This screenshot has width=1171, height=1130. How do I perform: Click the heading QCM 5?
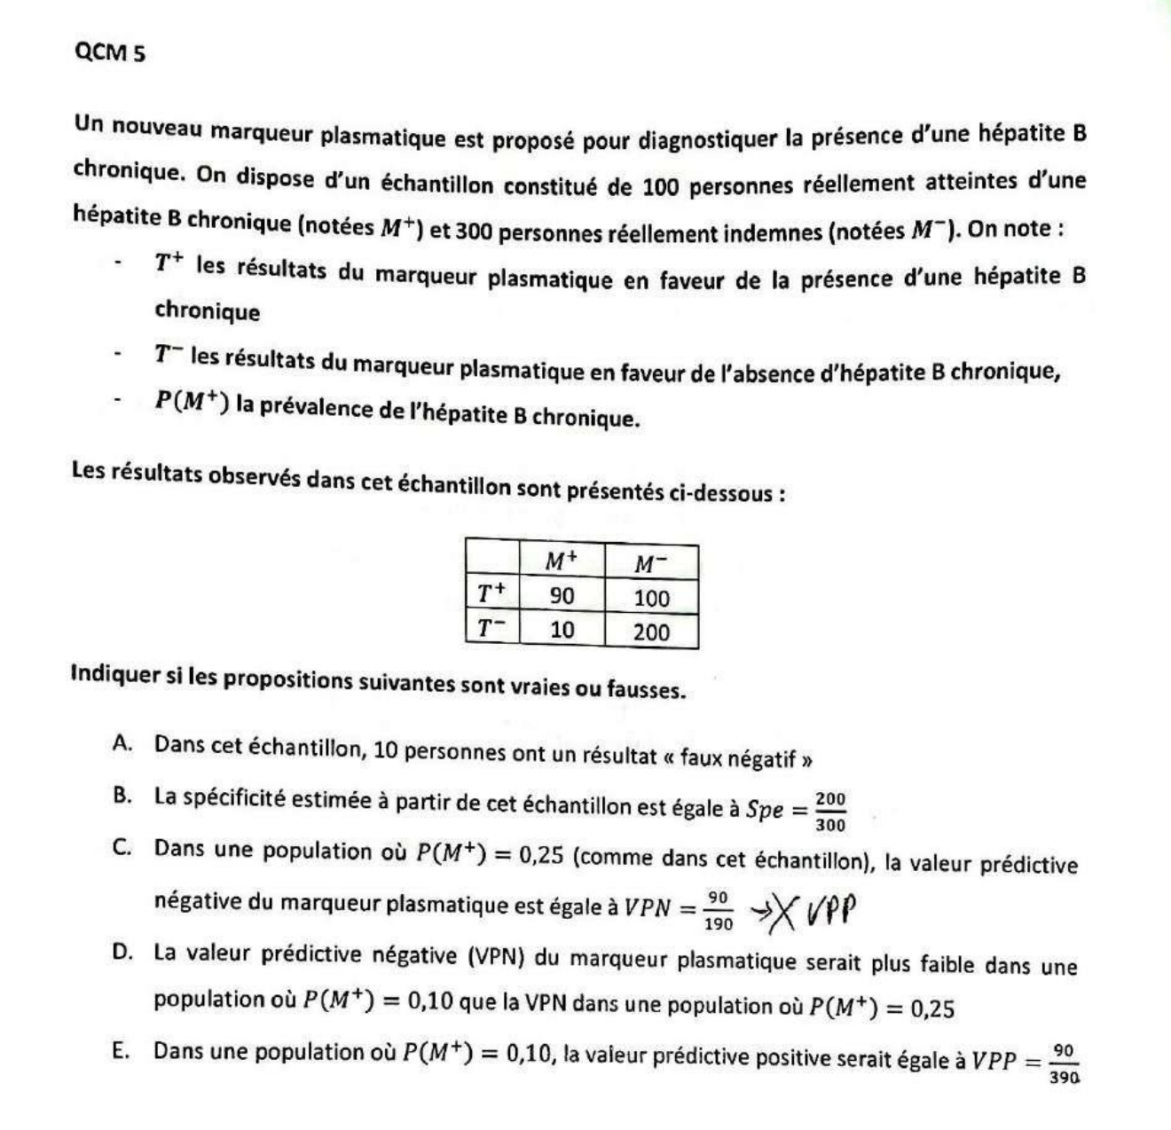tap(110, 53)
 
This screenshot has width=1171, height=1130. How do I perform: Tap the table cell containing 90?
tap(562, 596)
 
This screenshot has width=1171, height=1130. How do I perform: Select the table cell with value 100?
tap(651, 599)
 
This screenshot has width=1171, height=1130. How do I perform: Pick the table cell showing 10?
tap(562, 631)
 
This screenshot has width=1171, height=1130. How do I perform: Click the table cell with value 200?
tap(651, 632)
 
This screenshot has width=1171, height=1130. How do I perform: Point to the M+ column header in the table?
tap(561, 561)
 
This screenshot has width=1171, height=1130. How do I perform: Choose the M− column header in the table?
tap(651, 563)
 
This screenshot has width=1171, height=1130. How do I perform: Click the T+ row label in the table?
tap(491, 593)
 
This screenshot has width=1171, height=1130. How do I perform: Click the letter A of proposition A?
tap(122, 743)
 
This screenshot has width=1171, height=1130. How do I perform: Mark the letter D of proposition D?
tap(122, 953)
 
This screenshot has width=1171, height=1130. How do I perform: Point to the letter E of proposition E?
tap(122, 1051)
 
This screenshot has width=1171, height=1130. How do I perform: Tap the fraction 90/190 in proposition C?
tap(719, 911)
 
